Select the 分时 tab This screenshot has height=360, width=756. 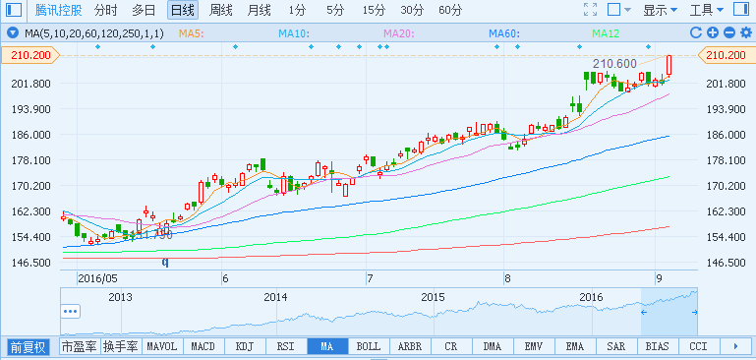click(105, 11)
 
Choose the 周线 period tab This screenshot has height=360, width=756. click(221, 11)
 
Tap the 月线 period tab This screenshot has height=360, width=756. click(259, 11)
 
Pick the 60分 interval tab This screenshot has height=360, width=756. click(450, 11)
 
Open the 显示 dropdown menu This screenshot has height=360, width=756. click(660, 11)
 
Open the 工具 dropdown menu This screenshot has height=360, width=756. click(707, 11)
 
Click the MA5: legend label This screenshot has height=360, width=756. click(191, 33)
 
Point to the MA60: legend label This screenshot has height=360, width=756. click(503, 33)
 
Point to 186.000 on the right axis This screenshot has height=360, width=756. click(727, 135)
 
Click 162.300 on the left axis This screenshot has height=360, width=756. click(30, 211)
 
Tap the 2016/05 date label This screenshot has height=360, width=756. click(96, 278)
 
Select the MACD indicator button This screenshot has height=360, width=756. click(203, 347)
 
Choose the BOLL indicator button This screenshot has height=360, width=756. click(368, 347)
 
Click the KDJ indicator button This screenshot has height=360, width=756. click(244, 347)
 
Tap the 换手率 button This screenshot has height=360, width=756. click(121, 347)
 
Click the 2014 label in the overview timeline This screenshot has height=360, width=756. click(276, 296)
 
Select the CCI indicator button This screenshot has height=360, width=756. click(698, 347)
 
